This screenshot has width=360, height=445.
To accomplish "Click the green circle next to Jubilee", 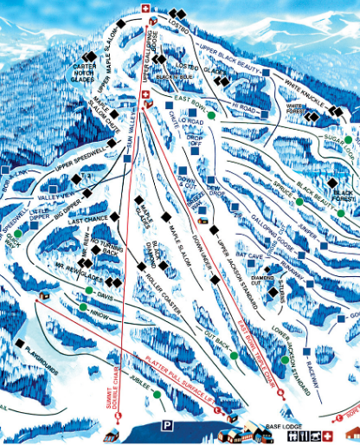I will point(157,395).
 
